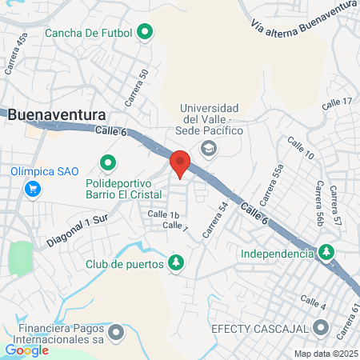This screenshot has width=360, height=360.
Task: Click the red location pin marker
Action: click(x=180, y=162)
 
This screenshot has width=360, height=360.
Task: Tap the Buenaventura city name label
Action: click(x=58, y=114)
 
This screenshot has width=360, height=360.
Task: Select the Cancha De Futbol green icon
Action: click(x=145, y=33)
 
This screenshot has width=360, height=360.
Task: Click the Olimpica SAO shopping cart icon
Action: click(x=33, y=189)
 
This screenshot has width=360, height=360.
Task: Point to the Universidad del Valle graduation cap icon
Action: click(x=209, y=147)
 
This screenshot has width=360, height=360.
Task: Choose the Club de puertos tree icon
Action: click(x=175, y=262)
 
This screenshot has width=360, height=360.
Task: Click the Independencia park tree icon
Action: click(x=326, y=254)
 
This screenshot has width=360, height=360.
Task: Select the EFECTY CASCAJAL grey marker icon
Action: click(x=322, y=327)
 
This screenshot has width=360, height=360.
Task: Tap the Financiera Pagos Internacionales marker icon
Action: click(x=117, y=331)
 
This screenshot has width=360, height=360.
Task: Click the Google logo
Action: click(x=26, y=350)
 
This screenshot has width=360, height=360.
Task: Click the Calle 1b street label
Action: click(x=162, y=214)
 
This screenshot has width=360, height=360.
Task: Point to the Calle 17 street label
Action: click(x=336, y=103)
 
